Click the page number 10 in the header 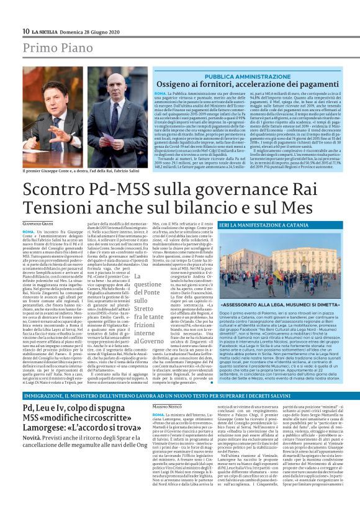pyautogui.click(x=25, y=30)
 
